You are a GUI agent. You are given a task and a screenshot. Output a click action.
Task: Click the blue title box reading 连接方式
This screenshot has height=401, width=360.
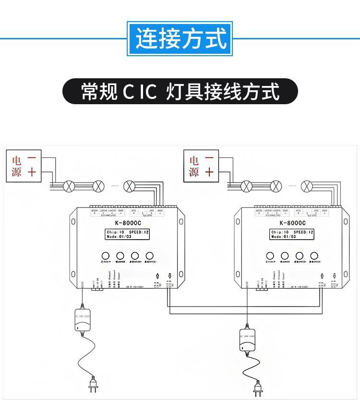pos(180,38)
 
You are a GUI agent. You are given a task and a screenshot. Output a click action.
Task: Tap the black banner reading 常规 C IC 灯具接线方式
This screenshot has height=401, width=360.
pos(180,91)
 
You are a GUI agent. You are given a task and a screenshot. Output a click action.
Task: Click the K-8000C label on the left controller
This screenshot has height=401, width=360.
pos(127,222)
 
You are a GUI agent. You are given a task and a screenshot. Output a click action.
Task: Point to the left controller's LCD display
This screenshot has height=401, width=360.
pos(127,234)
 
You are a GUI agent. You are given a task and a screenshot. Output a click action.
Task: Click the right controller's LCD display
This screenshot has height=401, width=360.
pos(292,234)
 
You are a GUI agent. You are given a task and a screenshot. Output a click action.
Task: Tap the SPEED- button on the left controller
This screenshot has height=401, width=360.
pos(150,255)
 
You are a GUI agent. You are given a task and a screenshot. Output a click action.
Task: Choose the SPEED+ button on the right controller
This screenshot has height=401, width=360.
pos(300,255)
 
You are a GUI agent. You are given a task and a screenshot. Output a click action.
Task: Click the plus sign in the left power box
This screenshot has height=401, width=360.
pos(32,171)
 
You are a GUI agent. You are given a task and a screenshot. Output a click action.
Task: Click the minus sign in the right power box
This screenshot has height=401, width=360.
pos(209,158)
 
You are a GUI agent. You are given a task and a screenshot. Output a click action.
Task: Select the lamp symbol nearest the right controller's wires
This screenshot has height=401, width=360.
pos(306,185)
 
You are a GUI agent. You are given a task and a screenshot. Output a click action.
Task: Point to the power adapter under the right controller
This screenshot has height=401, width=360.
pos(247,340)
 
